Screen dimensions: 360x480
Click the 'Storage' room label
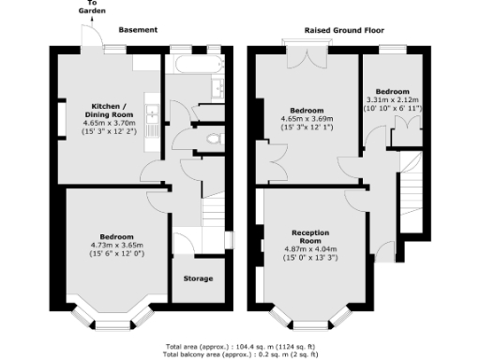[x=198, y=277]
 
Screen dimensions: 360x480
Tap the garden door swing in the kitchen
[x=91, y=39]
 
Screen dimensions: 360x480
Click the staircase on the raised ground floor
[x=411, y=187]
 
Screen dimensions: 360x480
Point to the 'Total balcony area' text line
[x=240, y=354]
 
